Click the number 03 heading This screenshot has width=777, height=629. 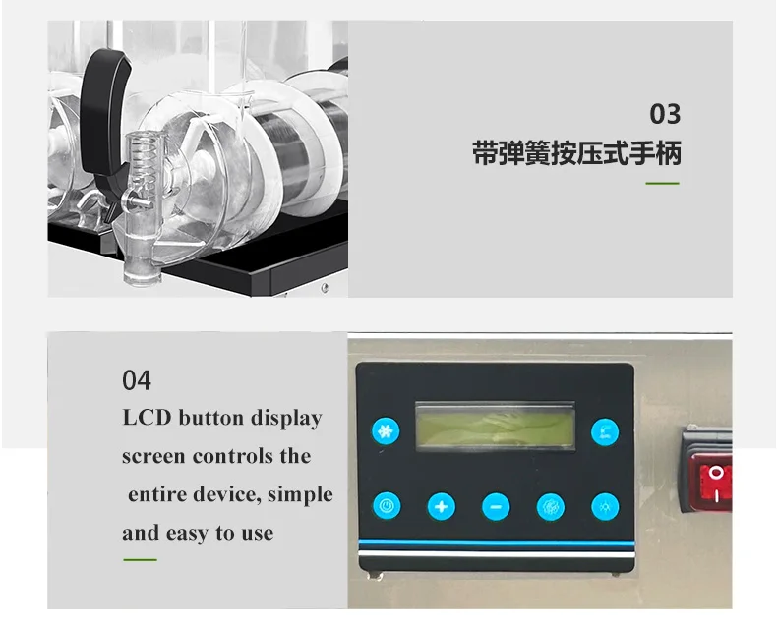tap(665, 114)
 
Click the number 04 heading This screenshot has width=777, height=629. tap(137, 380)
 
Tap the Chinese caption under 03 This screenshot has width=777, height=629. tap(576, 153)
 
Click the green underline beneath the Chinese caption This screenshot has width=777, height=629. tap(662, 183)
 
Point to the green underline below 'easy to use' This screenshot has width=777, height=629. tap(141, 560)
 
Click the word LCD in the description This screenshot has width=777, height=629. tap(147, 418)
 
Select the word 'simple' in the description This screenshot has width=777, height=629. tap(300, 494)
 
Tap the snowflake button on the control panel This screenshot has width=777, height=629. tap(386, 431)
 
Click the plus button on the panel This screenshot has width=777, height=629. tap(441, 507)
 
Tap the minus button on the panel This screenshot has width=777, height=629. tap(496, 507)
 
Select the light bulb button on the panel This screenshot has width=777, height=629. tap(605, 507)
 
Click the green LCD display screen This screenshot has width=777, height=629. tap(495, 427)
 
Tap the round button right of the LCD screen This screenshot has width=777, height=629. tap(605, 431)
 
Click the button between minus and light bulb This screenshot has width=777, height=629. tap(551, 507)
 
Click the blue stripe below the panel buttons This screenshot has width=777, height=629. tap(496, 543)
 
